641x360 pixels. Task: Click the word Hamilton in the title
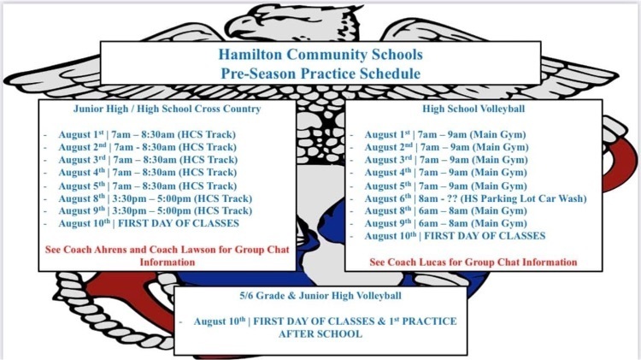(250, 55)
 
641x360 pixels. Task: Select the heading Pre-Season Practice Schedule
(320, 74)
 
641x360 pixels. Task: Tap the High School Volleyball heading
(473, 109)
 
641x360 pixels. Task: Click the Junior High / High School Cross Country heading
(167, 109)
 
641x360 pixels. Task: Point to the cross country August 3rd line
(148, 160)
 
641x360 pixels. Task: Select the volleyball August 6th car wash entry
(475, 198)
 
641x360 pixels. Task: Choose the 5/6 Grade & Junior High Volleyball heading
(320, 296)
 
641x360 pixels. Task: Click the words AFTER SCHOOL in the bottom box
(320, 333)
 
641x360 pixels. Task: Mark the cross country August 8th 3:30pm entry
(156, 198)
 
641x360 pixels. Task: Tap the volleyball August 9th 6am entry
(445, 223)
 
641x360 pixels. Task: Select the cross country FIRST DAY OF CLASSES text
(179, 223)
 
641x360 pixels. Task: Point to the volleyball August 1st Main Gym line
(445, 134)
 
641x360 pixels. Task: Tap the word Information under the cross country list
(168, 263)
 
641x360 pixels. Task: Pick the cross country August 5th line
(148, 186)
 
